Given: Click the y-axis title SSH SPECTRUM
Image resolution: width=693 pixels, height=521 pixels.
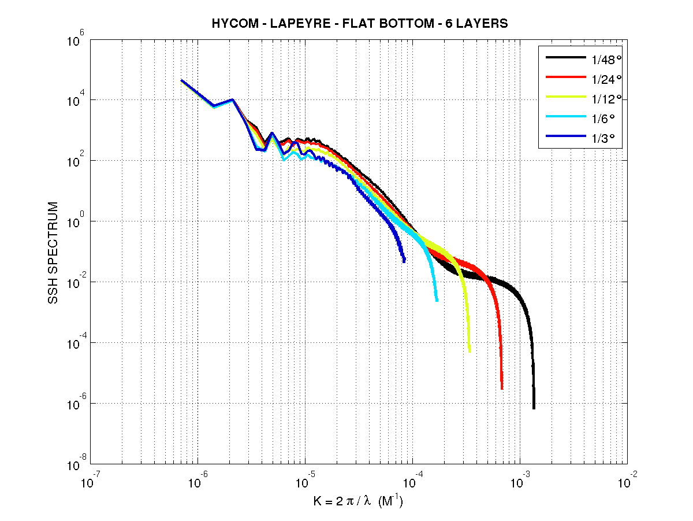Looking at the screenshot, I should (x=53, y=253).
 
